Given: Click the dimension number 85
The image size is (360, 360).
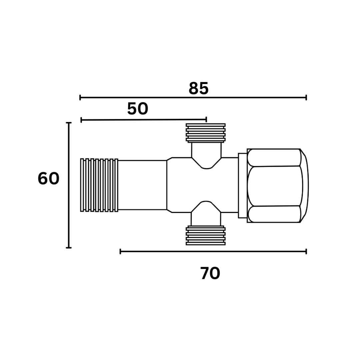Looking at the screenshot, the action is (199, 88).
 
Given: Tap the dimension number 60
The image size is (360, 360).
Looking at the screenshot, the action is (48, 179).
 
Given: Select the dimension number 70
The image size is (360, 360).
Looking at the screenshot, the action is (210, 273).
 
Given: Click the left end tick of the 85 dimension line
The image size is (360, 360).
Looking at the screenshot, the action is (80, 98).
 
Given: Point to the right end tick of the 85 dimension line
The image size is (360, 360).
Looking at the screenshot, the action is (306, 98).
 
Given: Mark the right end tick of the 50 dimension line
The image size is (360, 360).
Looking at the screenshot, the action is (206, 119).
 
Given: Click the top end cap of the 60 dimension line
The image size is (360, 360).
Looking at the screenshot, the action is (69, 123).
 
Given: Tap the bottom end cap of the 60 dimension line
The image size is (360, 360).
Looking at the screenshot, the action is (69, 248).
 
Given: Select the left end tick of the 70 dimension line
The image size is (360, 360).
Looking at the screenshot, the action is (120, 252).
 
